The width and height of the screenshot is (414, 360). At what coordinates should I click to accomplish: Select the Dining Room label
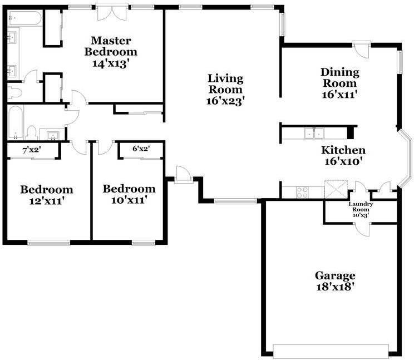(x=339, y=78)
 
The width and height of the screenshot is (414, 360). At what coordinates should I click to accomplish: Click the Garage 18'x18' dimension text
(x=335, y=287)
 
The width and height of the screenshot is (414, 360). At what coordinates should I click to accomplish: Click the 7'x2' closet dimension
(x=31, y=150)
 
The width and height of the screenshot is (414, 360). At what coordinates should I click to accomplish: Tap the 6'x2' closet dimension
(x=141, y=149)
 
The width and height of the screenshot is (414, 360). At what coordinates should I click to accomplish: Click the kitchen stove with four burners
(x=303, y=192)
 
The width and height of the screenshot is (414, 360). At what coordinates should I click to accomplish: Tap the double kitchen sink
(x=313, y=133)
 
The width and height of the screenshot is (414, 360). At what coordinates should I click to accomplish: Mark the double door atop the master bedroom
(x=107, y=13)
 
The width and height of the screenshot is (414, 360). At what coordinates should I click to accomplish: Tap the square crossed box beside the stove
(x=336, y=189)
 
